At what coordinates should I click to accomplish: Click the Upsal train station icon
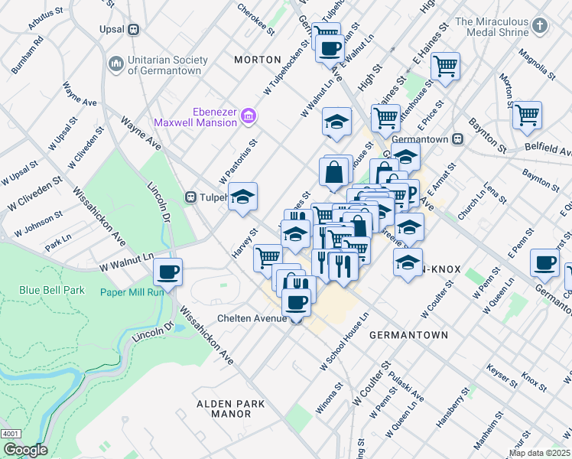click(x=133, y=30)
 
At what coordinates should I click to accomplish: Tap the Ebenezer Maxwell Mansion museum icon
click(x=248, y=116)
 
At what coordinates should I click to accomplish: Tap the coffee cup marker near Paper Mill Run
click(x=167, y=271)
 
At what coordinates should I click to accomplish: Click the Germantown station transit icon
click(x=459, y=140)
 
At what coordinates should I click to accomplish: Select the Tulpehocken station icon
click(x=191, y=197)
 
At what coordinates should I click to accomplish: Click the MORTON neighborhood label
click(x=253, y=60)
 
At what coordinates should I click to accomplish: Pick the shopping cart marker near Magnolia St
click(x=528, y=115)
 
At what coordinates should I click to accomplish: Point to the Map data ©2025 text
click(x=539, y=453)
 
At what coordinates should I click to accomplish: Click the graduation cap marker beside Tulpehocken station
click(x=243, y=197)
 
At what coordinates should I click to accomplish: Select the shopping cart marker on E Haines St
click(x=445, y=66)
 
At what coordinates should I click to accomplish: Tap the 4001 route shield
click(x=11, y=434)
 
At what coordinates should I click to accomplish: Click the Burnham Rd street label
click(x=28, y=58)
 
